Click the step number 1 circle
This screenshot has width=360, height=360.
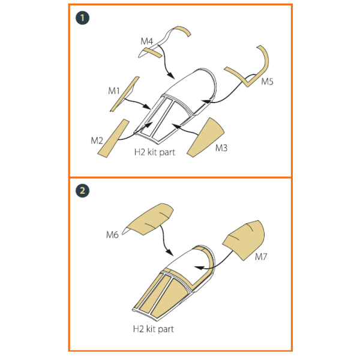coord(82,18)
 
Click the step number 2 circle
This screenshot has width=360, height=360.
coord(82,191)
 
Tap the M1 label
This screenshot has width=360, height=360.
coord(114,91)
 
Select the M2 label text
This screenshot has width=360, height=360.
coord(97,140)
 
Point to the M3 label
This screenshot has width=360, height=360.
coord(221,148)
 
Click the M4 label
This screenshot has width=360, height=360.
coord(147,41)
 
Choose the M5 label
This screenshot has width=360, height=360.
coord(267,82)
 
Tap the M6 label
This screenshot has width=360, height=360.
coord(112,235)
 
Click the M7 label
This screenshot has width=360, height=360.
coord(261,257)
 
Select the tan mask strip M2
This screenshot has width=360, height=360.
coord(113,139)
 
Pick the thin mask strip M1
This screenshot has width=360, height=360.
coord(124,94)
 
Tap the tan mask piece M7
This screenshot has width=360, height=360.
coord(245,240)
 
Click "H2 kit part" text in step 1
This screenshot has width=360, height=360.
coord(155,152)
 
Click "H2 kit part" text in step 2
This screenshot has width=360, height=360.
coord(154,329)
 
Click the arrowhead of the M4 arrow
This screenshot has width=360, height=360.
coord(171,76)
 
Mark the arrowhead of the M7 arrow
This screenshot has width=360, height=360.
coord(199,268)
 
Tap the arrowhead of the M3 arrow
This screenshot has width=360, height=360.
coord(175,125)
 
